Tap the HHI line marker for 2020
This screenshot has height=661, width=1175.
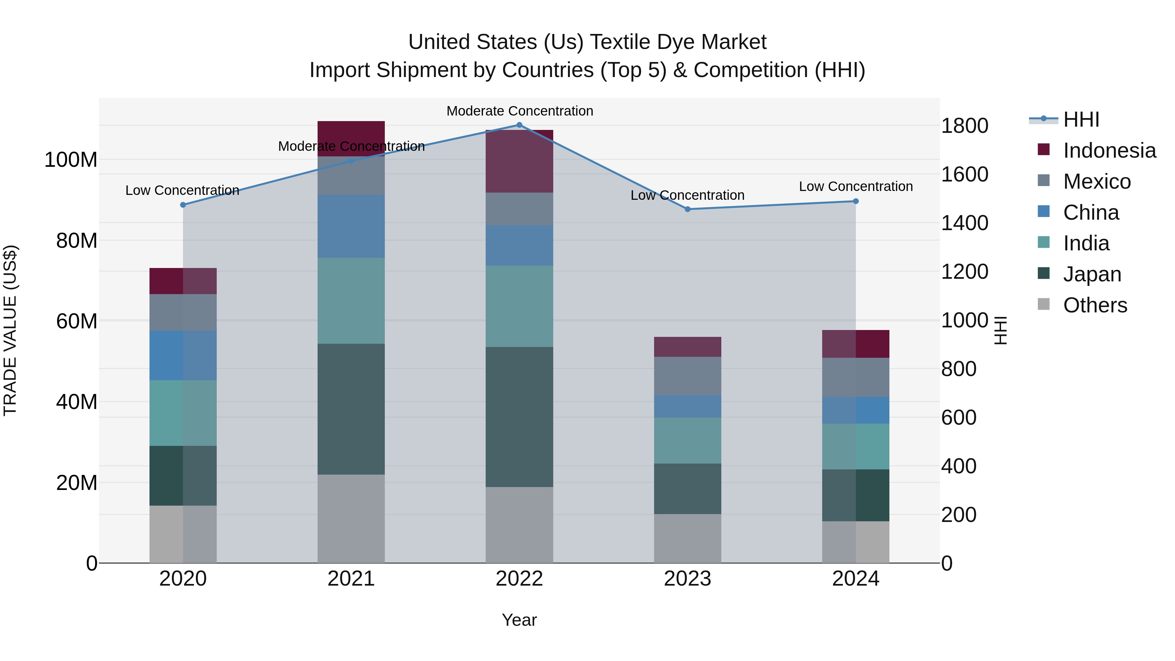pyautogui.click(x=183, y=205)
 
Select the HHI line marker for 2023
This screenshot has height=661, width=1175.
pyautogui.click(x=688, y=209)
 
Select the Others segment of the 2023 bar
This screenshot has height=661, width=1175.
pyautogui.click(x=687, y=538)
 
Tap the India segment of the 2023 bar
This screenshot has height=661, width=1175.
pyautogui.click(x=687, y=440)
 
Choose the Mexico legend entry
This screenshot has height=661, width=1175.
pyautogui.click(x=1097, y=181)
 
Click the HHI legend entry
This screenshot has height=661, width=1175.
pyautogui.click(x=1081, y=119)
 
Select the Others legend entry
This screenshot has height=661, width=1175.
pyautogui.click(x=1095, y=305)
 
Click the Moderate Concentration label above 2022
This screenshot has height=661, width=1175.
pyautogui.click(x=520, y=111)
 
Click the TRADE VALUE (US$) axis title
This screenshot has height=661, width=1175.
pyautogui.click(x=10, y=330)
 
